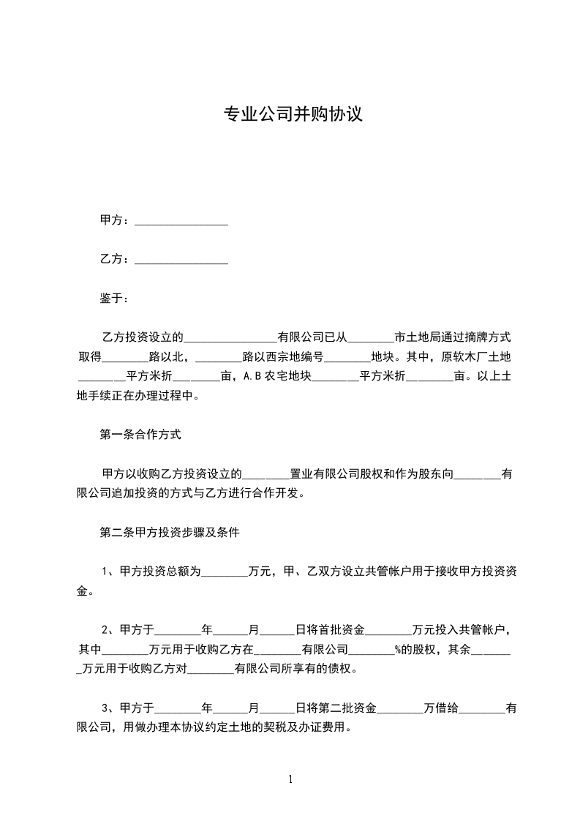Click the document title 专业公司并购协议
click(293, 115)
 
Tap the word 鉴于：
click(115, 299)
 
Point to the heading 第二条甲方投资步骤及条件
click(170, 533)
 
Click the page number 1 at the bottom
click(290, 779)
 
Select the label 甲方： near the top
click(115, 221)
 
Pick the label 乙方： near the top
click(115, 259)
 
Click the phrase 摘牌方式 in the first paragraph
click(487, 337)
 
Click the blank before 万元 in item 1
click(224, 573)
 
